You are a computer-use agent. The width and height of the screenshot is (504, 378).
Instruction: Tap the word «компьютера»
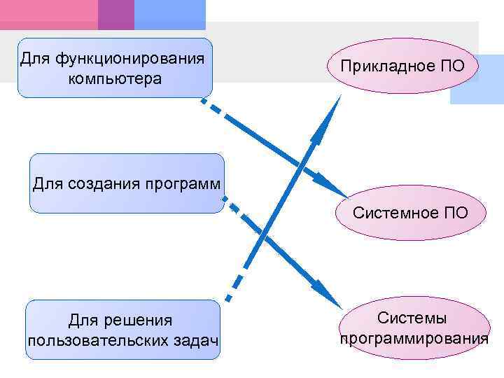pyautogui.click(x=115, y=78)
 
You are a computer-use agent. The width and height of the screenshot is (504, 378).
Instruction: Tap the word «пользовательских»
pyautogui.click(x=95, y=341)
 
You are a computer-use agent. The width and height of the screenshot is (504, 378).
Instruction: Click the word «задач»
pyautogui.click(x=193, y=341)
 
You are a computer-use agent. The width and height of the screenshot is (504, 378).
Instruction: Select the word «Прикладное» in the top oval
pyautogui.click(x=384, y=66)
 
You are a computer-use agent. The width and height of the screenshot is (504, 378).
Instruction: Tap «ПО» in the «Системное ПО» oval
pyautogui.click(x=455, y=212)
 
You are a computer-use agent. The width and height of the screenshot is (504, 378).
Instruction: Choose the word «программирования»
pyautogui.click(x=413, y=339)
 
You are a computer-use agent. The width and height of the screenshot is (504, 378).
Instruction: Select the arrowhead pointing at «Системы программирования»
pyautogui.click(x=325, y=292)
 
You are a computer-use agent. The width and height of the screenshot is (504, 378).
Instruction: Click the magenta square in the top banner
pyautogui.click(x=115, y=14)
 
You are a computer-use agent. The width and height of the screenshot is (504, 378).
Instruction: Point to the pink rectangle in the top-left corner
pyautogui.click(x=49, y=14)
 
